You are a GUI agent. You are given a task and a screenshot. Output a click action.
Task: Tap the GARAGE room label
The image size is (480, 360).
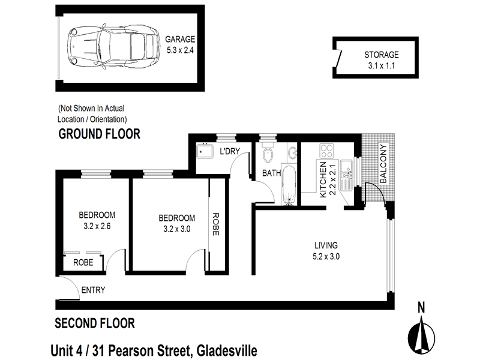click(181, 40)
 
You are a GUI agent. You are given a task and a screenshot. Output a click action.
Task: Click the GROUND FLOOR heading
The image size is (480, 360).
click(99, 134)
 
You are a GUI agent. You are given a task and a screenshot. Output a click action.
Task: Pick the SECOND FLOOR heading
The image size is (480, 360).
click(95, 323)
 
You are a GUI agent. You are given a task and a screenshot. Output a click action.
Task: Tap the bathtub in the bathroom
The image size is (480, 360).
click(289, 188)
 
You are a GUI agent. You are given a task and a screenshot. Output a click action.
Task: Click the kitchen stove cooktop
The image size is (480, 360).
click(328, 151)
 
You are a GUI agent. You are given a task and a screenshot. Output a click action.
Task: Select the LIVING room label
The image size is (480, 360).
click(326, 245)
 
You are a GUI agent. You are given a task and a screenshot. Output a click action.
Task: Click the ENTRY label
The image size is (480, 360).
click(93, 290)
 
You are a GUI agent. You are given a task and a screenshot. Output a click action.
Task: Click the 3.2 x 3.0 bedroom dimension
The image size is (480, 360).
click(177, 229)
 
